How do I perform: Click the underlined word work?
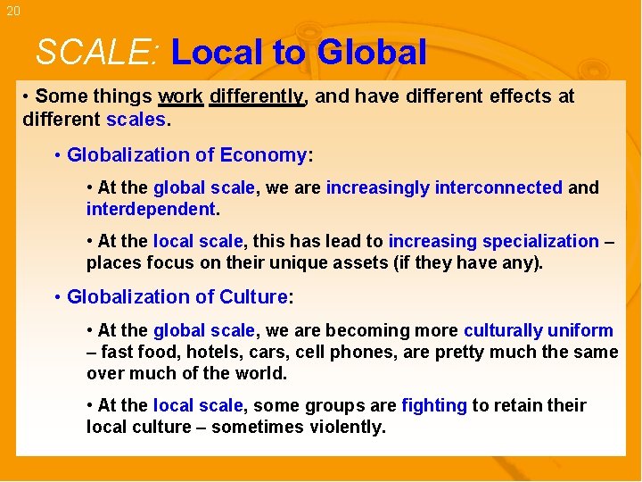pos(181,96)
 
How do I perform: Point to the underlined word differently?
pos(257,96)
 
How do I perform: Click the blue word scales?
pos(136,119)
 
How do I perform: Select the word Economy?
pos(263,155)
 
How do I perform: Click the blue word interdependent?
pos(151,210)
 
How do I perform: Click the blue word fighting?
pos(434,406)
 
